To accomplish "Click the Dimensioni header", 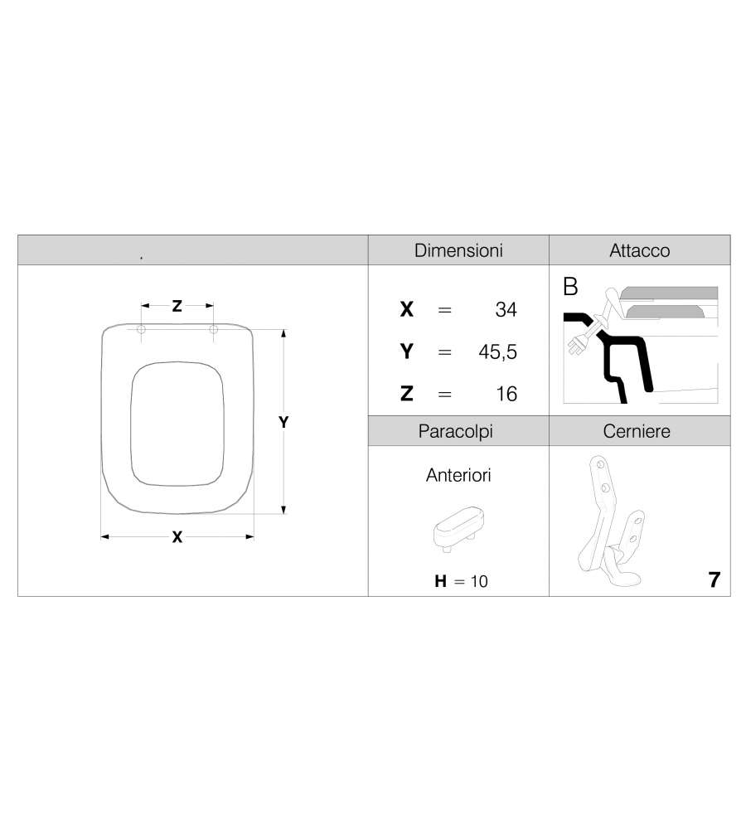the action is pos(458,250).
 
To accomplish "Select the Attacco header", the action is pos(640,250).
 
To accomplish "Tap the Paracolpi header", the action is pos(455,431).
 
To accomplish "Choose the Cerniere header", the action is pos(637,431).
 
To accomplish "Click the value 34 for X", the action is pos(506,309).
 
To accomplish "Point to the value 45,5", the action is pos(497,352).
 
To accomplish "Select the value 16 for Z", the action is pos(506,394).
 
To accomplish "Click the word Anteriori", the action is pos(458,475).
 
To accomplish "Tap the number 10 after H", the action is pos(479,582).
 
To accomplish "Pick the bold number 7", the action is pos(715,580).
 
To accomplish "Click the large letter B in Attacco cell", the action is pos(570,287).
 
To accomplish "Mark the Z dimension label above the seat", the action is pos(177,306).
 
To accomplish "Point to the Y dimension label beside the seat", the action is pos(283,422).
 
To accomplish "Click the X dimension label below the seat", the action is pos(177,537).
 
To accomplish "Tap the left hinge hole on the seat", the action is pos(141,329).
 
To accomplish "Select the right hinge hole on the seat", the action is pos(214,329).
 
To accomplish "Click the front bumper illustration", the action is pos(458,529).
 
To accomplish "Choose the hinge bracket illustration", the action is pos(611,521).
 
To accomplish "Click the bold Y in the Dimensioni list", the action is pos(407,351).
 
